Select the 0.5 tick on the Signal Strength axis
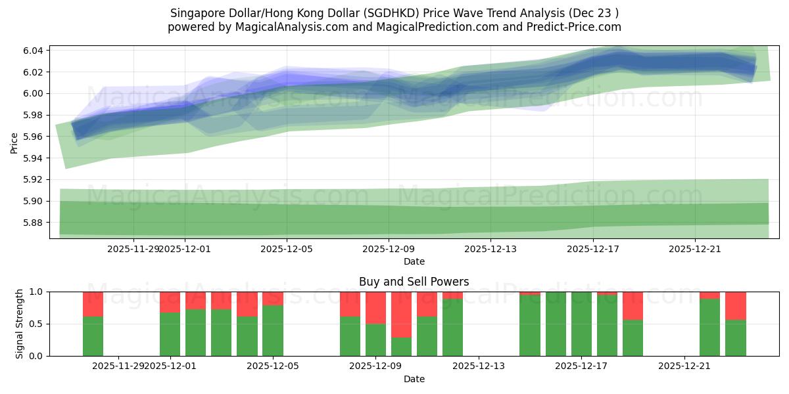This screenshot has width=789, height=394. pos(36,324)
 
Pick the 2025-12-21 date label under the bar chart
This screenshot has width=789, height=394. pos(684,366)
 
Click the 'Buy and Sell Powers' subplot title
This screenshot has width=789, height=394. pos(414,282)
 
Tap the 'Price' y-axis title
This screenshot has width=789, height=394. pos(14,142)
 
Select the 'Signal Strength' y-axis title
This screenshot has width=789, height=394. pos(20,324)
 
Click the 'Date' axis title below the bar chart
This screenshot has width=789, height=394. pos(414,379)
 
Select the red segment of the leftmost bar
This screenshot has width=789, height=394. pos(93,304)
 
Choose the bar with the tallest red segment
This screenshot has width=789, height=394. pos(401,315)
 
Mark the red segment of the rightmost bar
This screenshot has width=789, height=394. pos(735,305)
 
